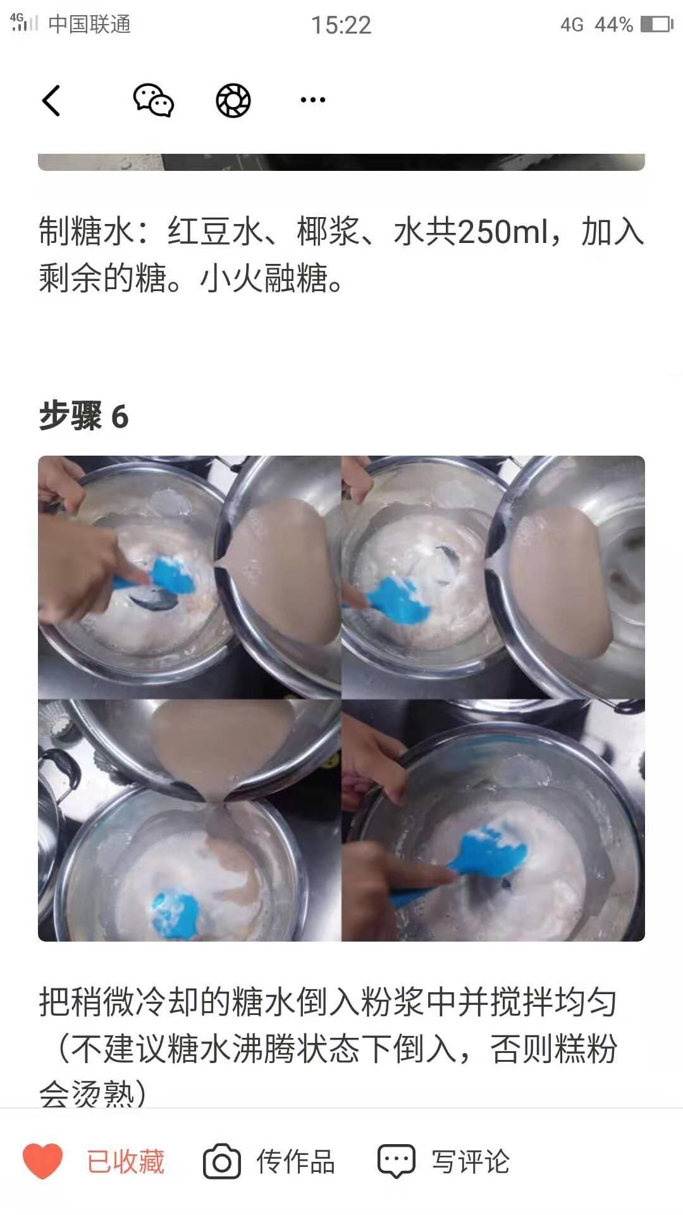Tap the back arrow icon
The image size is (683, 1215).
pos(51,101)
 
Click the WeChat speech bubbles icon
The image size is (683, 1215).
pos(153,100)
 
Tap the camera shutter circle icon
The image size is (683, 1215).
pos(233,100)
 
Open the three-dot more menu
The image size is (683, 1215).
pos(312,100)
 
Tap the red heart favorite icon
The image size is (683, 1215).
pos(42,1161)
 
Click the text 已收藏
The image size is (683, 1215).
pos(125,1162)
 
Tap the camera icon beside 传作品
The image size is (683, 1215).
pos(221,1162)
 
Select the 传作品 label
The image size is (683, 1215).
pos(295,1162)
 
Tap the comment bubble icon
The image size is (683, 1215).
pos(396,1162)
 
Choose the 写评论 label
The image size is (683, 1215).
pos(471,1162)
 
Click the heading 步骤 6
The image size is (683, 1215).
pos(83,416)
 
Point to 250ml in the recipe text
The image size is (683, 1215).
pos(503,232)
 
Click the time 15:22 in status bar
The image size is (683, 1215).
pos(341,25)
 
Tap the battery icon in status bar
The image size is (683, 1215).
pos(656,25)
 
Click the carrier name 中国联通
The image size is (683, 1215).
pos(89,25)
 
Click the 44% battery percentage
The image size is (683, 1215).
pos(613,25)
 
